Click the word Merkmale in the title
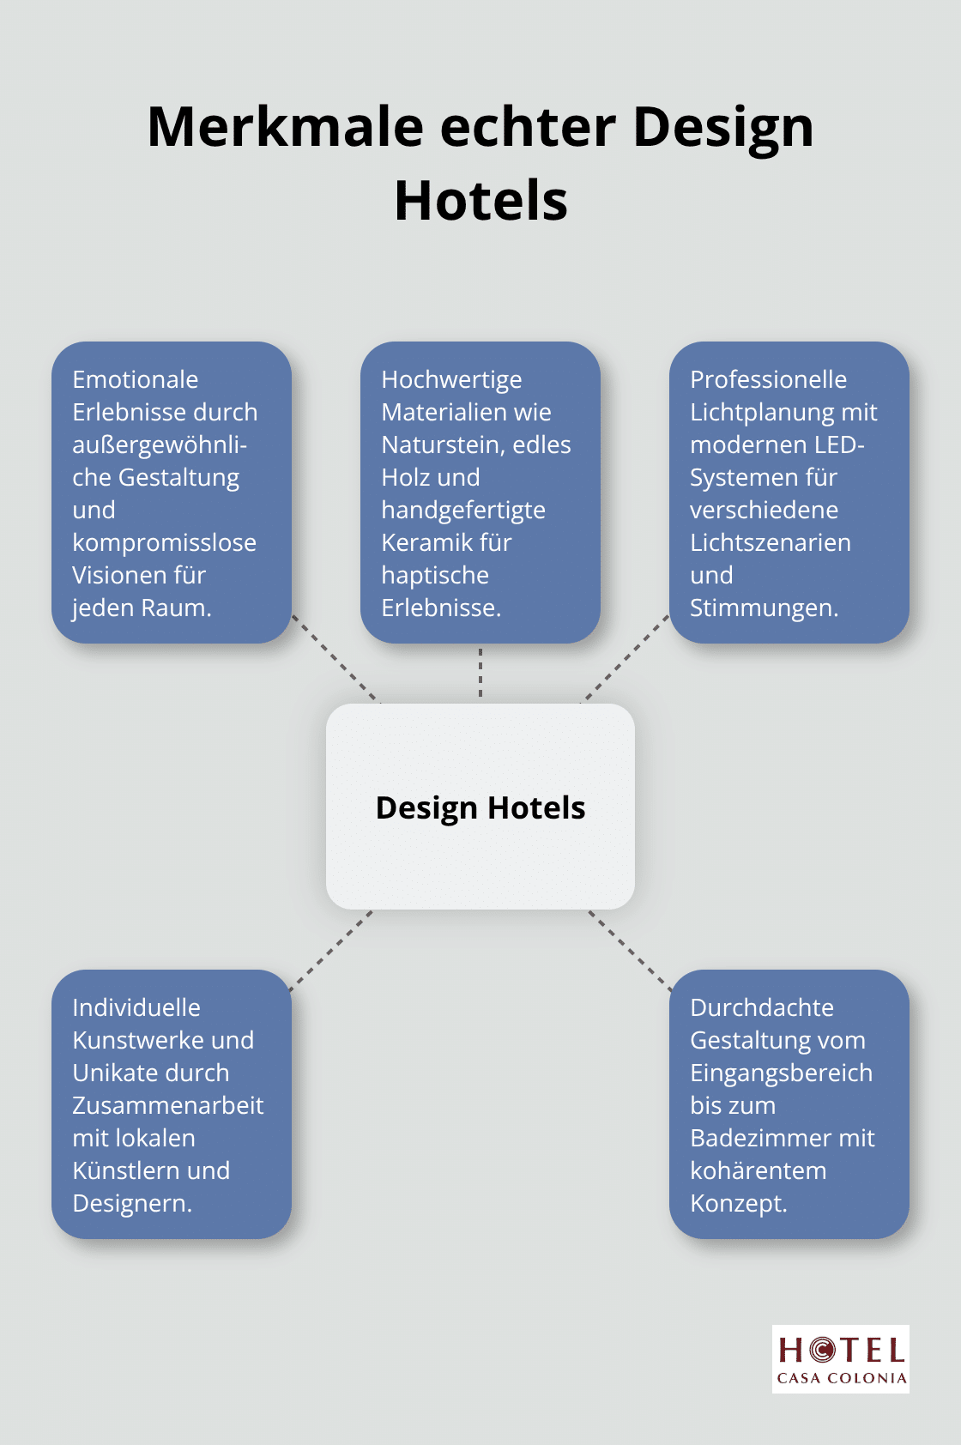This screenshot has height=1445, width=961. coord(285,126)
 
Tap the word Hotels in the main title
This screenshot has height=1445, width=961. coord(480,201)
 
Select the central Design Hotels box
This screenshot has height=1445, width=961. coord(480,807)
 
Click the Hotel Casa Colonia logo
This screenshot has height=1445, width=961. coord(840,1359)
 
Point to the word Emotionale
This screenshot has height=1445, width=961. coord(136,379)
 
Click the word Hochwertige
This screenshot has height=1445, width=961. coord(451,380)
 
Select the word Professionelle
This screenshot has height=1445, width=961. coord(768,379)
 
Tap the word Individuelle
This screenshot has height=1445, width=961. coord(136,1007)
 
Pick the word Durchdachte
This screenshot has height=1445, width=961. coord(762,1007)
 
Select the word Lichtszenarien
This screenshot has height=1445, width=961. coord(771,542)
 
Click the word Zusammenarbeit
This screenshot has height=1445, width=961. coord(167,1106)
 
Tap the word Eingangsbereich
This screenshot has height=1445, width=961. coord(781,1073)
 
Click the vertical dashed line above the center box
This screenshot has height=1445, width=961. coord(480,673)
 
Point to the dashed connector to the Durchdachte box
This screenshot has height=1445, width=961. coord(631,950)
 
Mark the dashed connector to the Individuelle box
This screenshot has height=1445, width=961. coord(331,950)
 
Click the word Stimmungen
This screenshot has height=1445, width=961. coord(765,608)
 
